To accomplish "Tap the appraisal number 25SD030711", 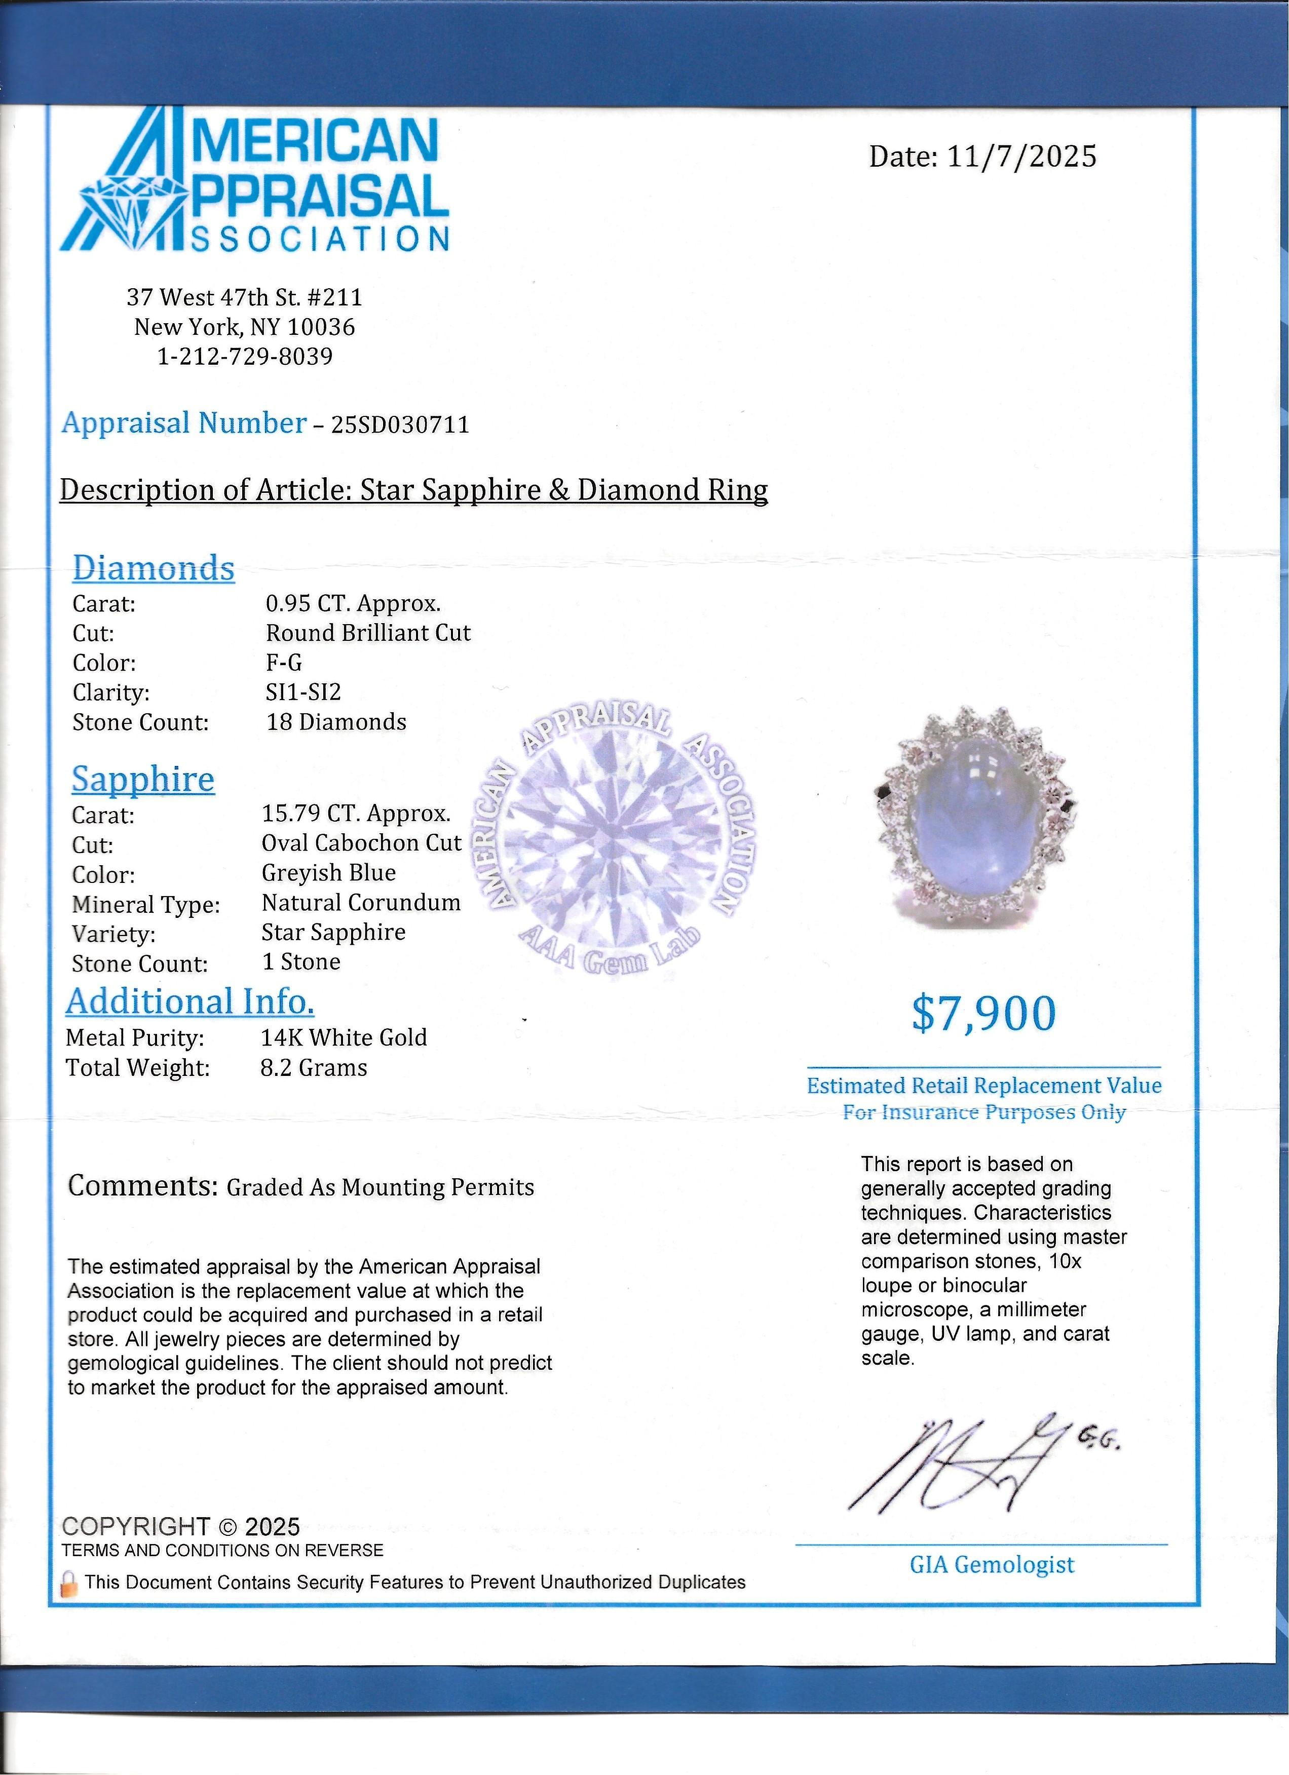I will click(x=401, y=425).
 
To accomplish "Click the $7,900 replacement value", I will click(x=984, y=1014).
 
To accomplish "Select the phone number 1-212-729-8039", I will click(x=245, y=357).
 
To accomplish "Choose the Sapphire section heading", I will click(x=143, y=780).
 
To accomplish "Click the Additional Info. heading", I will click(x=190, y=1002).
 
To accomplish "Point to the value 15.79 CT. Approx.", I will click(x=356, y=814).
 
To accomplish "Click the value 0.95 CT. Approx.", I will click(x=353, y=603).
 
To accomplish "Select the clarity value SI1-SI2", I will click(x=304, y=692).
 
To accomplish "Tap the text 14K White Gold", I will click(x=344, y=1038).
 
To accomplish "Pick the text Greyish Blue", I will click(x=329, y=873).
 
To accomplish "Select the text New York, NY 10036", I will click(x=245, y=327).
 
